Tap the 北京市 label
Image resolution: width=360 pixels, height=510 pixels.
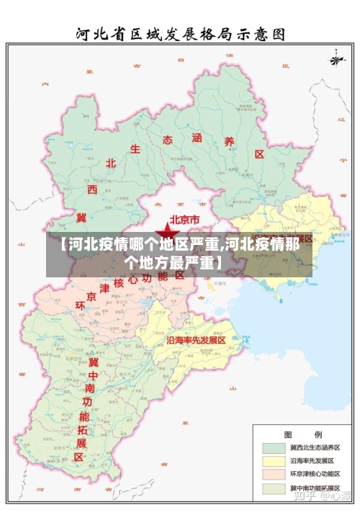click(x=189, y=219)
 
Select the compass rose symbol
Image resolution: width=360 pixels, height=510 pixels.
click(x=335, y=58)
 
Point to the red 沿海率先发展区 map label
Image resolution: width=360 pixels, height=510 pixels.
click(x=196, y=339)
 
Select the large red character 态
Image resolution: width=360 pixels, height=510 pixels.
click(x=168, y=139)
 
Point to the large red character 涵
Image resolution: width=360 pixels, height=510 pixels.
click(x=197, y=136)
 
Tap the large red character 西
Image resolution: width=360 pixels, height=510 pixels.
click(x=92, y=189)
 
